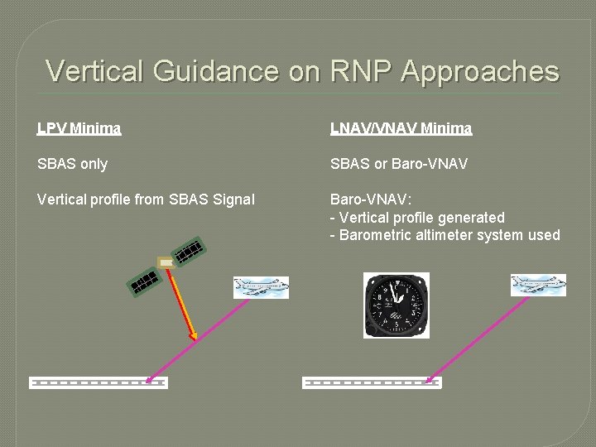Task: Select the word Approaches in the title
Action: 480,72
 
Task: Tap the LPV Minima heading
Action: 79,128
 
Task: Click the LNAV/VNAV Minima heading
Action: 401,128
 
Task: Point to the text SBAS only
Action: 72,164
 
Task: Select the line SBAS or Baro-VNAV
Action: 398,164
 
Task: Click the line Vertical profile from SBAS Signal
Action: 146,199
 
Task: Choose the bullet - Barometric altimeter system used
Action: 445,235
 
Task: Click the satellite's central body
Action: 166,262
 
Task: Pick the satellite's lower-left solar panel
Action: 143,282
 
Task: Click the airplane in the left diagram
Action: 261,286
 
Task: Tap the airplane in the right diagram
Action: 538,285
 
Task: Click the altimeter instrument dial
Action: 397,305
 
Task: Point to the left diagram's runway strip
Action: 98,382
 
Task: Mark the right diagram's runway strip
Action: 372,382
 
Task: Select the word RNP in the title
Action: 361,71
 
